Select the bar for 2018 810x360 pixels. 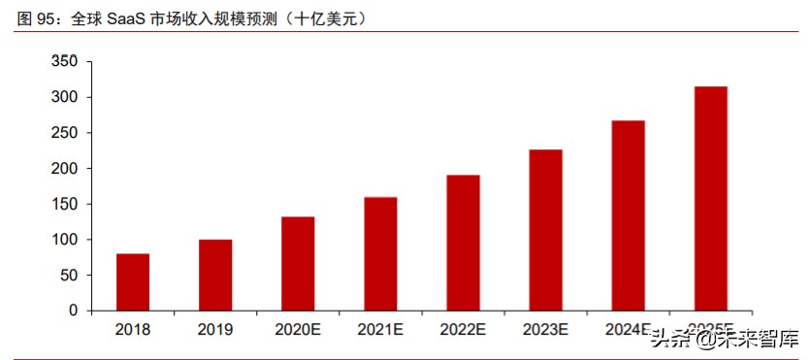pyautogui.click(x=133, y=282)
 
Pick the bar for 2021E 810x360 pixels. pyautogui.click(x=380, y=254)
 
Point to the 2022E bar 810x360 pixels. pyautogui.click(x=463, y=243)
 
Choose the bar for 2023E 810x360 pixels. pyautogui.click(x=545, y=230)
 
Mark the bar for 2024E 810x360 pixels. pyautogui.click(x=628, y=215)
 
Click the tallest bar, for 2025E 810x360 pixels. pyautogui.click(x=711, y=199)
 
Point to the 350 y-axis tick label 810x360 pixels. pyautogui.click(x=64, y=62)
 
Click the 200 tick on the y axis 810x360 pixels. pyautogui.click(x=64, y=169)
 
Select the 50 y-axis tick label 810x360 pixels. pyautogui.click(x=68, y=276)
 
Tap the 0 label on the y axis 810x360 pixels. pyautogui.click(x=73, y=311)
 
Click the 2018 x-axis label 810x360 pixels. pyautogui.click(x=133, y=330)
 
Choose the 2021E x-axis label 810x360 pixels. pyautogui.click(x=380, y=330)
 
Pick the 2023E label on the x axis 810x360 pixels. pyautogui.click(x=545, y=330)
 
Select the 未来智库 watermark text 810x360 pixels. pyautogui.click(x=758, y=340)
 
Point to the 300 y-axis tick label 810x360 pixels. pyautogui.click(x=64, y=98)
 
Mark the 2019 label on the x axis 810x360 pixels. pyautogui.click(x=215, y=330)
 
